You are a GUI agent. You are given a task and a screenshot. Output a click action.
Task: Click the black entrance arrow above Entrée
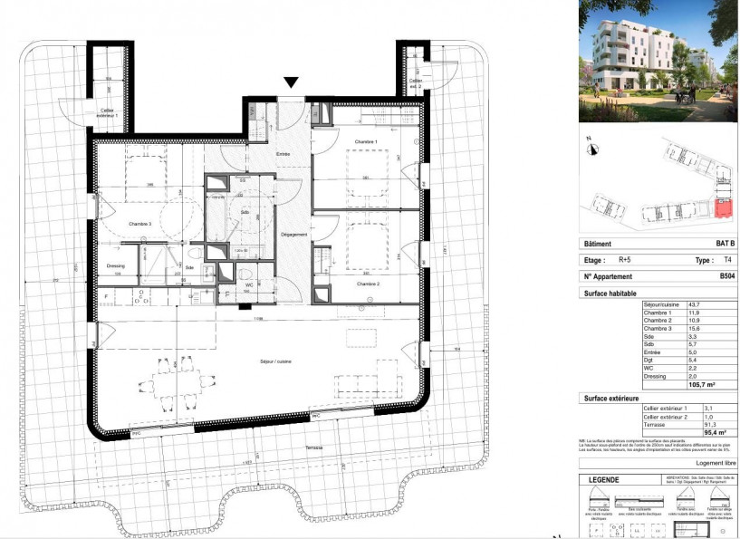290,82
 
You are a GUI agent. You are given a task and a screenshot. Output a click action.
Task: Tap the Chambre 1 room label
365,143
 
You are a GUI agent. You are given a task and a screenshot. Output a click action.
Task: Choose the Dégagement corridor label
295,235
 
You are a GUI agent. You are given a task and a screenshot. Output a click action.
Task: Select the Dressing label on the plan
115,265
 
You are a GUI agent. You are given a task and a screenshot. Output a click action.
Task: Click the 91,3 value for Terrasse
721,426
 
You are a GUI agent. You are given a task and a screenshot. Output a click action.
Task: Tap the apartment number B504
726,276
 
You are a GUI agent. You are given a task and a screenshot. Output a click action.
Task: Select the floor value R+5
625,259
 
